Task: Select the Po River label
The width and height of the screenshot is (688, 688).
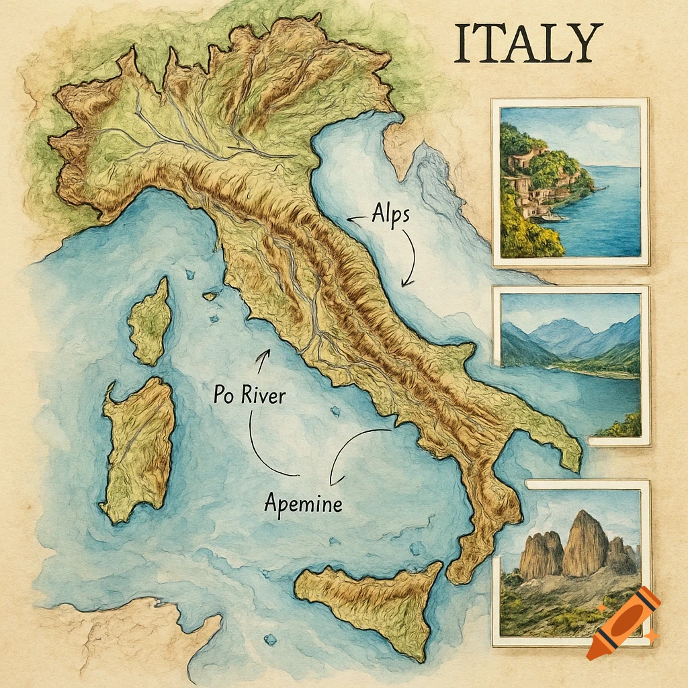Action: pyautogui.click(x=249, y=395)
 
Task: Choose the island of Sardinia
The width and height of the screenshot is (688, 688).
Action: pyautogui.click(x=137, y=447)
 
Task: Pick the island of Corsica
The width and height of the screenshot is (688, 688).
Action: pyautogui.click(x=149, y=321)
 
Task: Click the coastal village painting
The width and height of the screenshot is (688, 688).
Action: pyautogui.click(x=570, y=181)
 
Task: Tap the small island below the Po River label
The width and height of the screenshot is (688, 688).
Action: pyautogui.click(x=335, y=411)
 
